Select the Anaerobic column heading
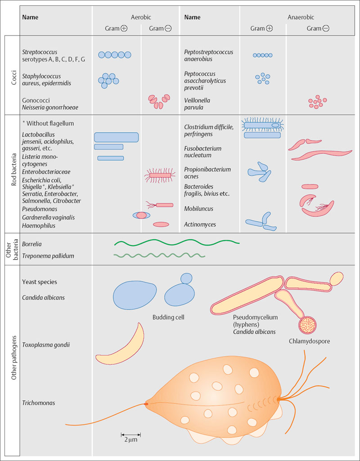301,17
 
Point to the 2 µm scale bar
131,434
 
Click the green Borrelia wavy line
176,243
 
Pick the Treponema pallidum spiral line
159,256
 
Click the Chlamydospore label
310,341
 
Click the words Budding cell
169,317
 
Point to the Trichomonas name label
38,403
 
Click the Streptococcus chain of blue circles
115,55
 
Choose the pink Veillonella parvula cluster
317,102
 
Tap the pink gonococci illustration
160,102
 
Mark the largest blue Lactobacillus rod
116,137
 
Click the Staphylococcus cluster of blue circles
108,80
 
